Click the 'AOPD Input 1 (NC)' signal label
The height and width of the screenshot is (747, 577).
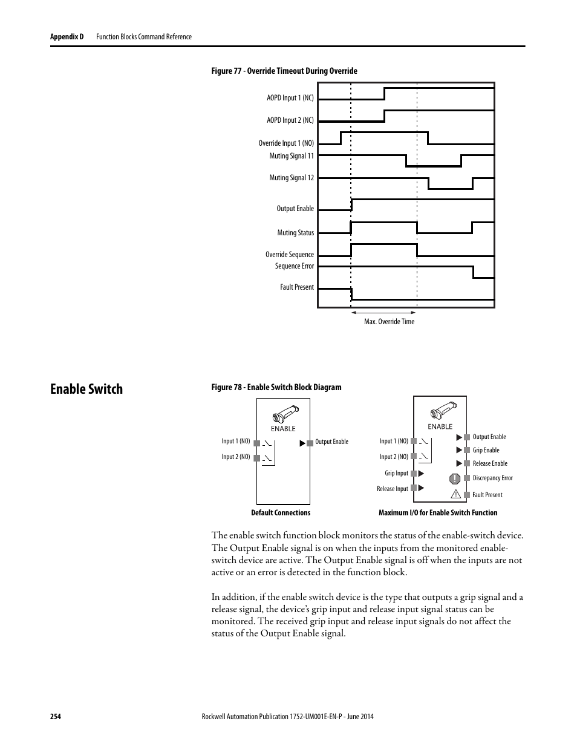point(290,98)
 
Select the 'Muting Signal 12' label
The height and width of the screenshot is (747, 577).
point(292,178)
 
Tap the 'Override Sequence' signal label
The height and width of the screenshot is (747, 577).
point(289,255)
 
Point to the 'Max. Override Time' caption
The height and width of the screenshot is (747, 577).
point(389,322)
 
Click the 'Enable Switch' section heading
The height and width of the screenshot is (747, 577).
point(86,389)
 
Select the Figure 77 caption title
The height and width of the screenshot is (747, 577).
point(284,71)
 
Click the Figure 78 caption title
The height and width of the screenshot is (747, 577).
point(276,388)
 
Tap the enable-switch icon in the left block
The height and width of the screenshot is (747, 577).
point(283,417)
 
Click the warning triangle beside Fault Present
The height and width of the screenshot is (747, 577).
point(456,494)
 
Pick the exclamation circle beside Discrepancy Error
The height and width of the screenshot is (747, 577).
point(455,478)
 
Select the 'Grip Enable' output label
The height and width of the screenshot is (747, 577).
point(486,450)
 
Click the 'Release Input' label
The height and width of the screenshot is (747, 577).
point(393,489)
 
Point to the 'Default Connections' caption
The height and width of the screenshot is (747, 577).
point(281,513)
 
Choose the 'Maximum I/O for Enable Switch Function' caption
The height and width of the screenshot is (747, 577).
point(438,513)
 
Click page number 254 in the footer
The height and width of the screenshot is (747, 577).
point(56,717)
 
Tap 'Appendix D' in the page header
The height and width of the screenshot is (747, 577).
point(67,37)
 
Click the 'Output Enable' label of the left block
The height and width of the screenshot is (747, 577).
point(331,442)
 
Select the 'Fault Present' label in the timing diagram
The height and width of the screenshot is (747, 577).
point(296,287)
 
